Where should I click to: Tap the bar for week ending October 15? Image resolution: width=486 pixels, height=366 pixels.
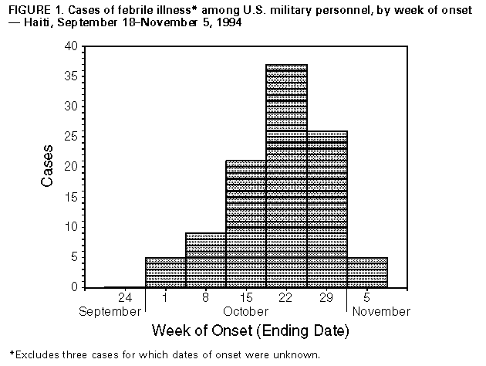pyautogui.click(x=246, y=224)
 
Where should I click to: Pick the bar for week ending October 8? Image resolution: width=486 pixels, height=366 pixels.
pyautogui.click(x=206, y=259)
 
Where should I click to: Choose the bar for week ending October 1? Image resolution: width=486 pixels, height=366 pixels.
pyautogui.click(x=166, y=272)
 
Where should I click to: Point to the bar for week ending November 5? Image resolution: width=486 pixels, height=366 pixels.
pyautogui.click(x=367, y=272)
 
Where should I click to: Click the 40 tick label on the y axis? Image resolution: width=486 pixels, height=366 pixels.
pyautogui.click(x=70, y=46)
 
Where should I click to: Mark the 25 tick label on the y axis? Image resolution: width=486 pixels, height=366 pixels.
pyautogui.click(x=70, y=137)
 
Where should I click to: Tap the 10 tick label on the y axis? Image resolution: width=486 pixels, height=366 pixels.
pyautogui.click(x=70, y=227)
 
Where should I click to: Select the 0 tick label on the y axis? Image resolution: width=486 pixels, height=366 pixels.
pyautogui.click(x=73, y=287)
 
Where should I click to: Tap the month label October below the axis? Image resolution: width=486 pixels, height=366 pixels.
pyautogui.click(x=247, y=311)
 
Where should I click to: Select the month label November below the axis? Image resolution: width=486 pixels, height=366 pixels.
pyautogui.click(x=381, y=311)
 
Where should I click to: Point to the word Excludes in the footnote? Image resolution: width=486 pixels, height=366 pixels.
pyautogui.click(x=38, y=355)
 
